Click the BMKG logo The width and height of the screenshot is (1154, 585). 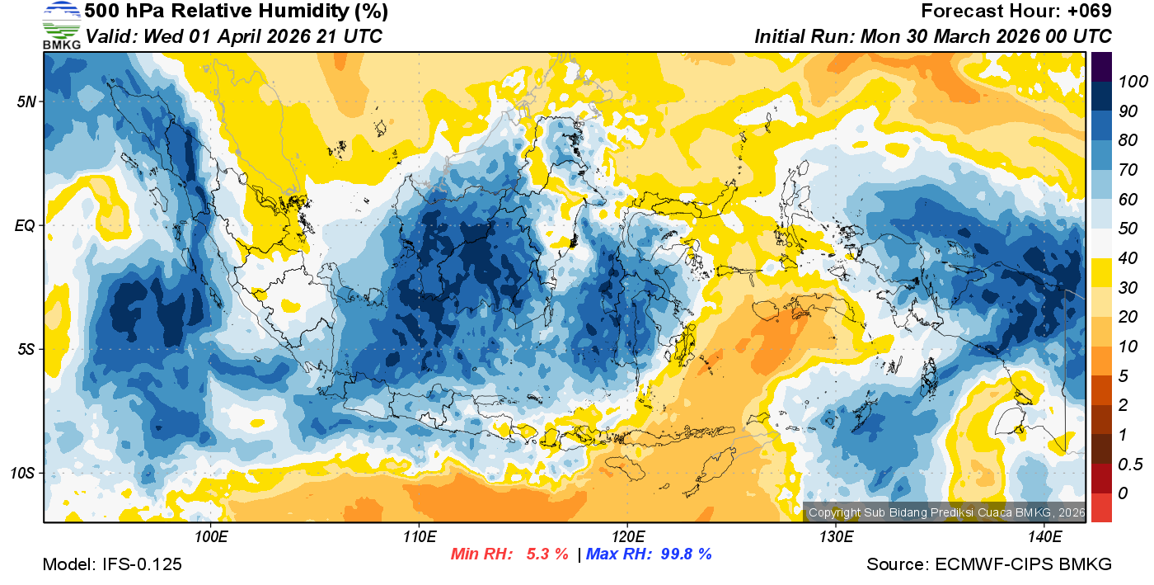coord(61,26)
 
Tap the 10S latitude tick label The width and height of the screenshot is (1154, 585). coord(22,474)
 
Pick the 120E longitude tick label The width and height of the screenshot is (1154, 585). coord(627,537)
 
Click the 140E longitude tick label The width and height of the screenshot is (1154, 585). coord(1044,537)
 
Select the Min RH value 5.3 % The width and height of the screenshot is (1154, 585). coord(547,554)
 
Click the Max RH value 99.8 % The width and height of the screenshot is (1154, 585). coord(682,554)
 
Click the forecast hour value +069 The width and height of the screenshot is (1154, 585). coord(1089,12)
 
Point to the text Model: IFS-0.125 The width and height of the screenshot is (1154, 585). coord(112,565)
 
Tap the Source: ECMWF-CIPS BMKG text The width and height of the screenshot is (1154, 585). coord(989,565)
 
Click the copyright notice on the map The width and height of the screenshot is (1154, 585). coord(946,512)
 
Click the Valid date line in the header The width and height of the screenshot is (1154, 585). coord(233,36)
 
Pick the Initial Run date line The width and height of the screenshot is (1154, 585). coord(933,36)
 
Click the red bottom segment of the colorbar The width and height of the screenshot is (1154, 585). coord(1102,507)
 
